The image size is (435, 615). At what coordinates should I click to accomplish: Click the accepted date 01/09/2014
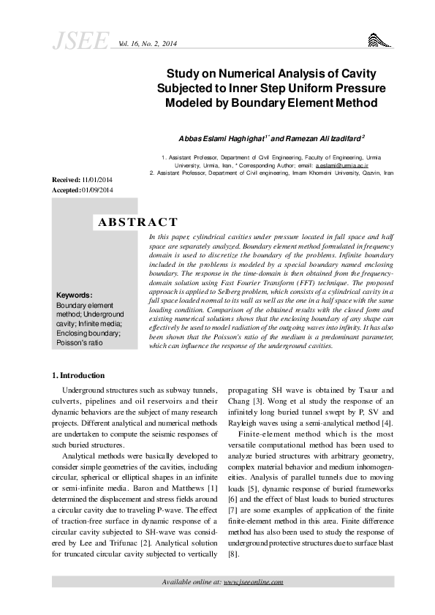99,189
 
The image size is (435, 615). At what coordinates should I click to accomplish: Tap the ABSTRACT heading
137,222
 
